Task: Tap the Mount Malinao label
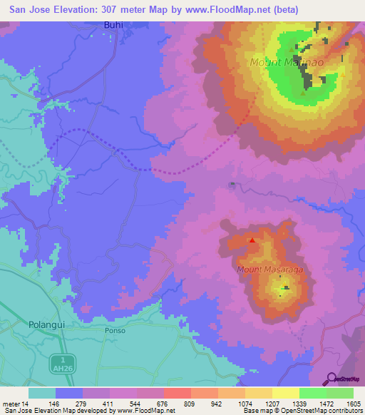click(x=277, y=63)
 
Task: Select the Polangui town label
click(x=48, y=324)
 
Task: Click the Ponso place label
click(x=115, y=331)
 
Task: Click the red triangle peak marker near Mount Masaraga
click(x=252, y=240)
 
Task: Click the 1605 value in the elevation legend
click(x=353, y=403)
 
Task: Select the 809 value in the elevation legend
click(x=190, y=403)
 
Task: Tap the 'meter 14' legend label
click(x=15, y=403)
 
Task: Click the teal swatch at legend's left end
click(x=42, y=393)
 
